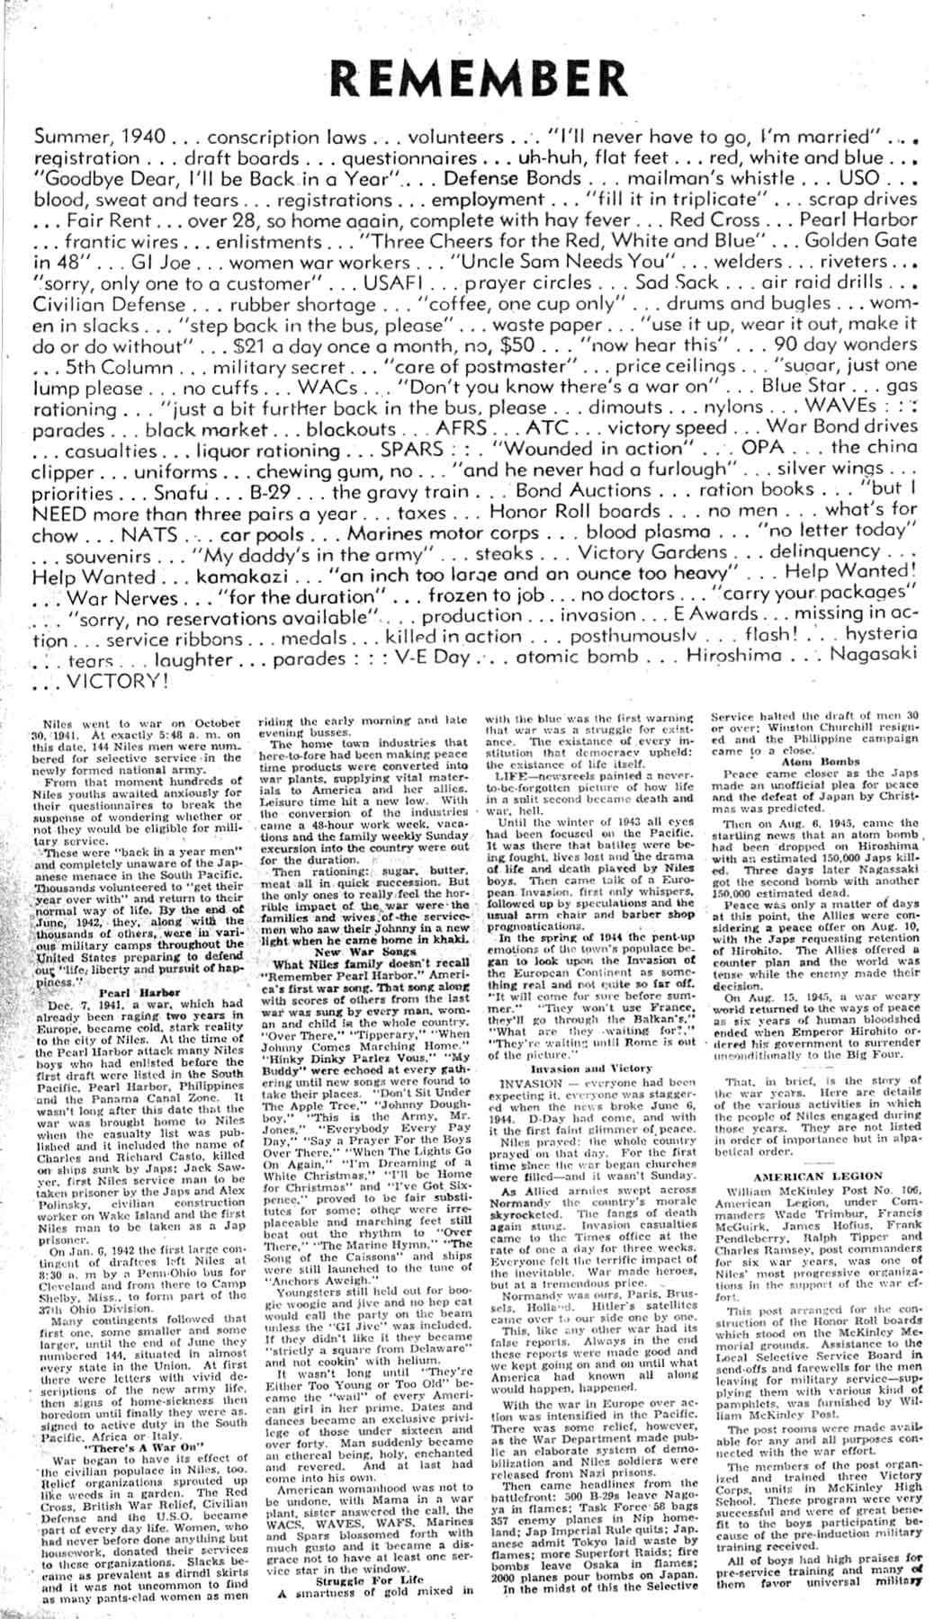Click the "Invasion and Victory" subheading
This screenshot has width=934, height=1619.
point(591,1069)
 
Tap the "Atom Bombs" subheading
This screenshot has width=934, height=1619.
point(813,761)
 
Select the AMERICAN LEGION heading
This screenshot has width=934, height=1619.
point(813,1176)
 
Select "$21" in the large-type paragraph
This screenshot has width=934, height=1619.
point(251,346)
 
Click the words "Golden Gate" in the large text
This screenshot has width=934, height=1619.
point(858,241)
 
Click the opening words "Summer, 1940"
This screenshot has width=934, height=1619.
point(100,138)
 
